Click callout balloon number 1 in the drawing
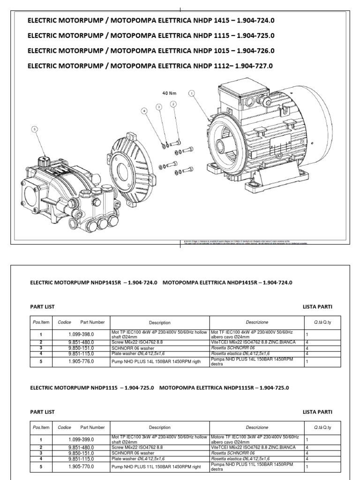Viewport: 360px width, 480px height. point(191,93)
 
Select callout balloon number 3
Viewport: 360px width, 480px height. point(159,107)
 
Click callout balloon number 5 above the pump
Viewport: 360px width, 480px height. point(34,129)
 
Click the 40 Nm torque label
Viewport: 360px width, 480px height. point(168,93)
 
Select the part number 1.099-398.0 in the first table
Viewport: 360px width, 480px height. point(79,335)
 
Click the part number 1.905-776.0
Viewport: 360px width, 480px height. point(79,361)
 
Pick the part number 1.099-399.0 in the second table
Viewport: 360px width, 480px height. point(79,440)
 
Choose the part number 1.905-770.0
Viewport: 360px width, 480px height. point(79,467)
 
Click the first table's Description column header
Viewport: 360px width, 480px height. point(160,322)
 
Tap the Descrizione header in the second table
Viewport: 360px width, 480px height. point(257,427)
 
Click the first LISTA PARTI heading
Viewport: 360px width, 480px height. point(317,307)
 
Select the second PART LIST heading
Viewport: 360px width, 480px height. point(42,412)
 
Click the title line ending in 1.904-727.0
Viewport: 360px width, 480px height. point(150,66)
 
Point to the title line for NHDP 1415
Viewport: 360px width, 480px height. point(150,21)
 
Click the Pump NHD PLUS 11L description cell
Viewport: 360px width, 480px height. point(160,467)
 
